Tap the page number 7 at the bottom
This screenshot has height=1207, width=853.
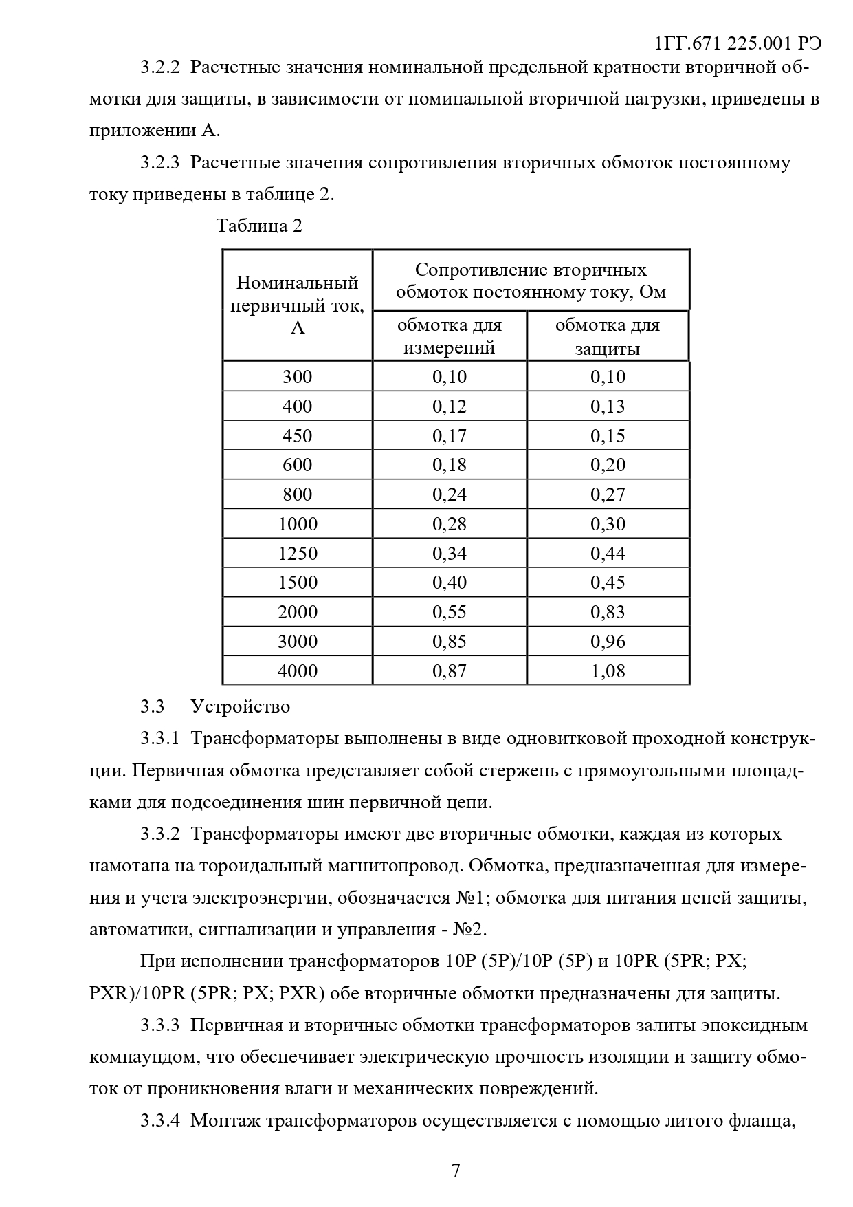coord(456,1171)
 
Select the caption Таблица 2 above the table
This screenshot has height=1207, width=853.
coord(259,226)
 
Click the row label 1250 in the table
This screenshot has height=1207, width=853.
coord(298,554)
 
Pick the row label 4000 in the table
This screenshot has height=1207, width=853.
coord(298,671)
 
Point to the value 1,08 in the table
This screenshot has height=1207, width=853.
coord(608,671)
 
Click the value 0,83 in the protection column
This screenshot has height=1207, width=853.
coord(608,612)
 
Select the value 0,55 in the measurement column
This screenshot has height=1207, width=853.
coord(450,612)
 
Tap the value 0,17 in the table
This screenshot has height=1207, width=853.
coord(450,436)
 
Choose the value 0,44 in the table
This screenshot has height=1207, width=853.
coord(608,554)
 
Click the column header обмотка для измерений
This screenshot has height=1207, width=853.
coord(450,336)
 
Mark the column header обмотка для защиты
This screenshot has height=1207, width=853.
coord(608,336)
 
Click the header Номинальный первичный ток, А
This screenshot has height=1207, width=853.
coord(298,305)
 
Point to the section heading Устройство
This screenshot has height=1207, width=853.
coord(241,707)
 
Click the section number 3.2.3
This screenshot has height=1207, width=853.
coord(159,163)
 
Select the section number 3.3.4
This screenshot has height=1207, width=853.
coord(159,1121)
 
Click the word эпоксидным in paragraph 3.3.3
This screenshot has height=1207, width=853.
coord(753,1025)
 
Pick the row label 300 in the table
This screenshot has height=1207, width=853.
coord(298,377)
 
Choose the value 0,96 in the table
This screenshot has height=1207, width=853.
coord(608,642)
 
